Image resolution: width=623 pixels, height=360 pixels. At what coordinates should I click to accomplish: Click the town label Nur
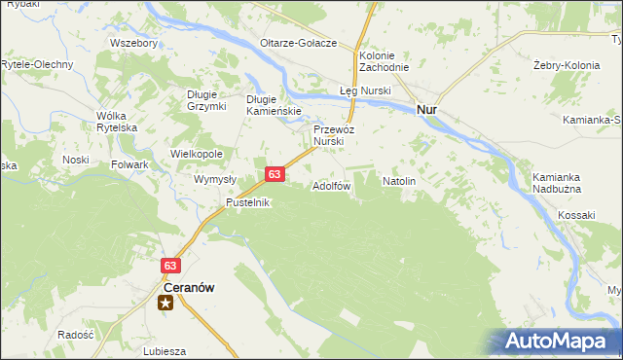click(426, 110)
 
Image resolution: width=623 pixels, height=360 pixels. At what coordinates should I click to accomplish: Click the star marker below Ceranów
click(166, 303)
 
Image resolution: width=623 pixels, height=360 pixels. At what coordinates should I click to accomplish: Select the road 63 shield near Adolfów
click(275, 174)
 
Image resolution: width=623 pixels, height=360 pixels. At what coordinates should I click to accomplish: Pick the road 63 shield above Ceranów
click(170, 265)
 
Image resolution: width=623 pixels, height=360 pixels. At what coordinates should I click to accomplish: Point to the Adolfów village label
click(331, 186)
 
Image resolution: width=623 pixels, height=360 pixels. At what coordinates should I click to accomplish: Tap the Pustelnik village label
click(247, 202)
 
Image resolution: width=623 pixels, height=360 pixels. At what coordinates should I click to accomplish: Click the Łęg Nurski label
click(365, 90)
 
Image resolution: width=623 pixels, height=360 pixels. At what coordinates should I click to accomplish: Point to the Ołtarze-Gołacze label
click(298, 43)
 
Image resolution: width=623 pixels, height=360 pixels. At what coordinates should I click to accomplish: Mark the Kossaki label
click(577, 214)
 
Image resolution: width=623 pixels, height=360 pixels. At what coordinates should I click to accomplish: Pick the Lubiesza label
click(164, 351)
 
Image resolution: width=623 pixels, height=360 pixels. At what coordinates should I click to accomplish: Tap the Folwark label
click(129, 164)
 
